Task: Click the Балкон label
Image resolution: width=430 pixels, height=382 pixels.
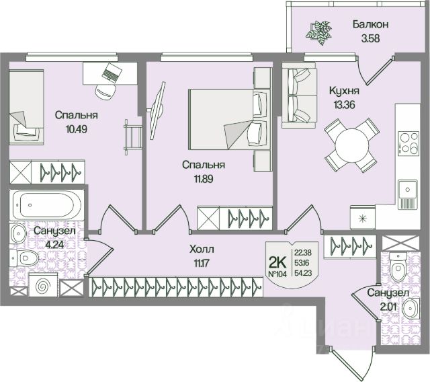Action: coord(372,25)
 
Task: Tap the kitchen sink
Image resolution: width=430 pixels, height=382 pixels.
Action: coord(407,192)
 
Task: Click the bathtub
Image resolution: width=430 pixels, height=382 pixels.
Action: coord(40,203)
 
